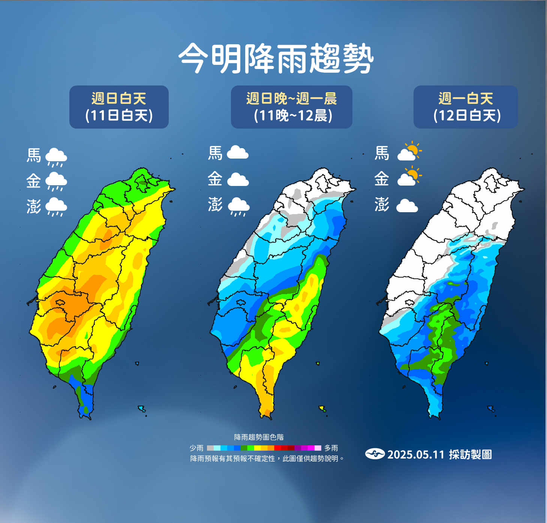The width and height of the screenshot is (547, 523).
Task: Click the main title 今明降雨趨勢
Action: tap(276, 59)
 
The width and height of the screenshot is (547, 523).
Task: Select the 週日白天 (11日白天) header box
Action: tap(119, 107)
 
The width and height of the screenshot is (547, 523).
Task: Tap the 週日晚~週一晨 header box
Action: tap(292, 107)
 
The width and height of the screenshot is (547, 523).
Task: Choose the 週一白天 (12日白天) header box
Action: tap(466, 107)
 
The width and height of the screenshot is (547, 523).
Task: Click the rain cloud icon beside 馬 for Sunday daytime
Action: tap(56, 157)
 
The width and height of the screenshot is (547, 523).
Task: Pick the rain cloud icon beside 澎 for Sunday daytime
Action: tap(56, 207)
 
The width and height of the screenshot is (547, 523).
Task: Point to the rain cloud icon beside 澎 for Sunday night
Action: tap(238, 207)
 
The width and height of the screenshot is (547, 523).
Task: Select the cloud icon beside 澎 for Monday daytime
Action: tap(407, 206)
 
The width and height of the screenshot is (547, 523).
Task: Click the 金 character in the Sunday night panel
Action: tap(215, 179)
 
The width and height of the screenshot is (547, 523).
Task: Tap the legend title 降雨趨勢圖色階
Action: tap(259, 437)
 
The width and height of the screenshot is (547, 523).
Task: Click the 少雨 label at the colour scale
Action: tap(196, 448)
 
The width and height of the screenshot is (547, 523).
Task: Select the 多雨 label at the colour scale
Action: tap(331, 448)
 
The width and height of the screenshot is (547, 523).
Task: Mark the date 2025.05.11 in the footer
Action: tap(416, 455)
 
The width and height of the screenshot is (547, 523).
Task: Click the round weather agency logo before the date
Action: tap(375, 454)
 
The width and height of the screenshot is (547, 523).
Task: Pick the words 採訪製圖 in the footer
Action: tap(471, 454)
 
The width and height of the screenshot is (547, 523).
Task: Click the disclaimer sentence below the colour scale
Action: tap(267, 459)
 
